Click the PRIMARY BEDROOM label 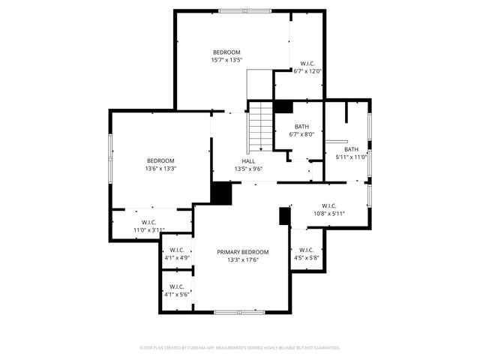tap(242, 252)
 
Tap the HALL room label tap(248, 161)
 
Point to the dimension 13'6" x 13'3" tap(160, 169)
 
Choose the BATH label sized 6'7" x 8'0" tap(301, 127)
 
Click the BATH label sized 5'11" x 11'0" tap(351, 149)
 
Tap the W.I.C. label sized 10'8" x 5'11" tap(328, 205)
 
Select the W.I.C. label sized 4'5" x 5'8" tap(306, 250)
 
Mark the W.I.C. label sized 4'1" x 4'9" tap(177, 250)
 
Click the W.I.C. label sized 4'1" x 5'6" tap(177, 286)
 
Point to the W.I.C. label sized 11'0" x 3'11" tap(148, 222)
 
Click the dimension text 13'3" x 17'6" tap(242, 260)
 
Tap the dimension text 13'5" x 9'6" tap(248, 169)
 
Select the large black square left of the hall tap(221, 193)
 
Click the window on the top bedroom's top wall tap(244, 10)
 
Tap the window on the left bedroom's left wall tap(110, 157)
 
